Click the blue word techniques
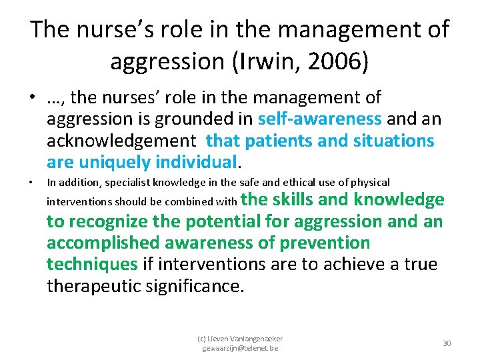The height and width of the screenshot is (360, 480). click(x=91, y=265)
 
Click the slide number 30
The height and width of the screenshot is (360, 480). click(x=447, y=343)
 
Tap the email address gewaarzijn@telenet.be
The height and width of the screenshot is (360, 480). click(x=240, y=348)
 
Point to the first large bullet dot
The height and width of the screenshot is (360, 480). click(x=32, y=98)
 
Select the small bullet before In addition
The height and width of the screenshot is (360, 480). click(x=32, y=183)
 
